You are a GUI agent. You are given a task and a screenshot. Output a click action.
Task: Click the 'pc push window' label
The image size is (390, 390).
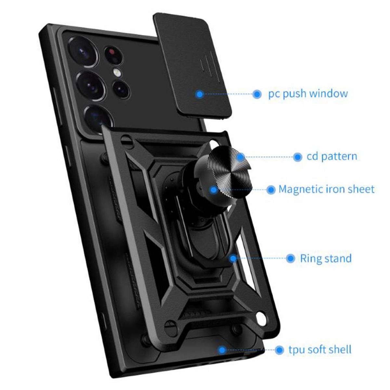[x=308, y=94]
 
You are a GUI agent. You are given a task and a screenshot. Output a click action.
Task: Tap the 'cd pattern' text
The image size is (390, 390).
[x=332, y=156]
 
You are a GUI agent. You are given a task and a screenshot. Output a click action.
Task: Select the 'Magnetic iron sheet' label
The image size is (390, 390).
[x=326, y=189]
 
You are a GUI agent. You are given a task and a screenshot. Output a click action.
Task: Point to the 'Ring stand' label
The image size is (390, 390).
[x=326, y=258]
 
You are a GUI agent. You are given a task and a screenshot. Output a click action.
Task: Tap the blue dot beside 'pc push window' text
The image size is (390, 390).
[x=257, y=94]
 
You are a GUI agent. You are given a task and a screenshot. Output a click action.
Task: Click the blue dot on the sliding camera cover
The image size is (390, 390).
[x=200, y=94]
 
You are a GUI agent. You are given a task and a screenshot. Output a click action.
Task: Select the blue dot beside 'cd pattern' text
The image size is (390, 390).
[x=297, y=157]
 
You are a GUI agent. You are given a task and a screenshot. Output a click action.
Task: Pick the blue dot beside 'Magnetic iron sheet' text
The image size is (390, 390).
[x=271, y=190]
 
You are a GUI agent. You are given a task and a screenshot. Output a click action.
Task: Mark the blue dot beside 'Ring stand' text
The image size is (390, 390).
[x=291, y=258]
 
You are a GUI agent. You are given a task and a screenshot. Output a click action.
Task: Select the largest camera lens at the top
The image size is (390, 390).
[x=84, y=50]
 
